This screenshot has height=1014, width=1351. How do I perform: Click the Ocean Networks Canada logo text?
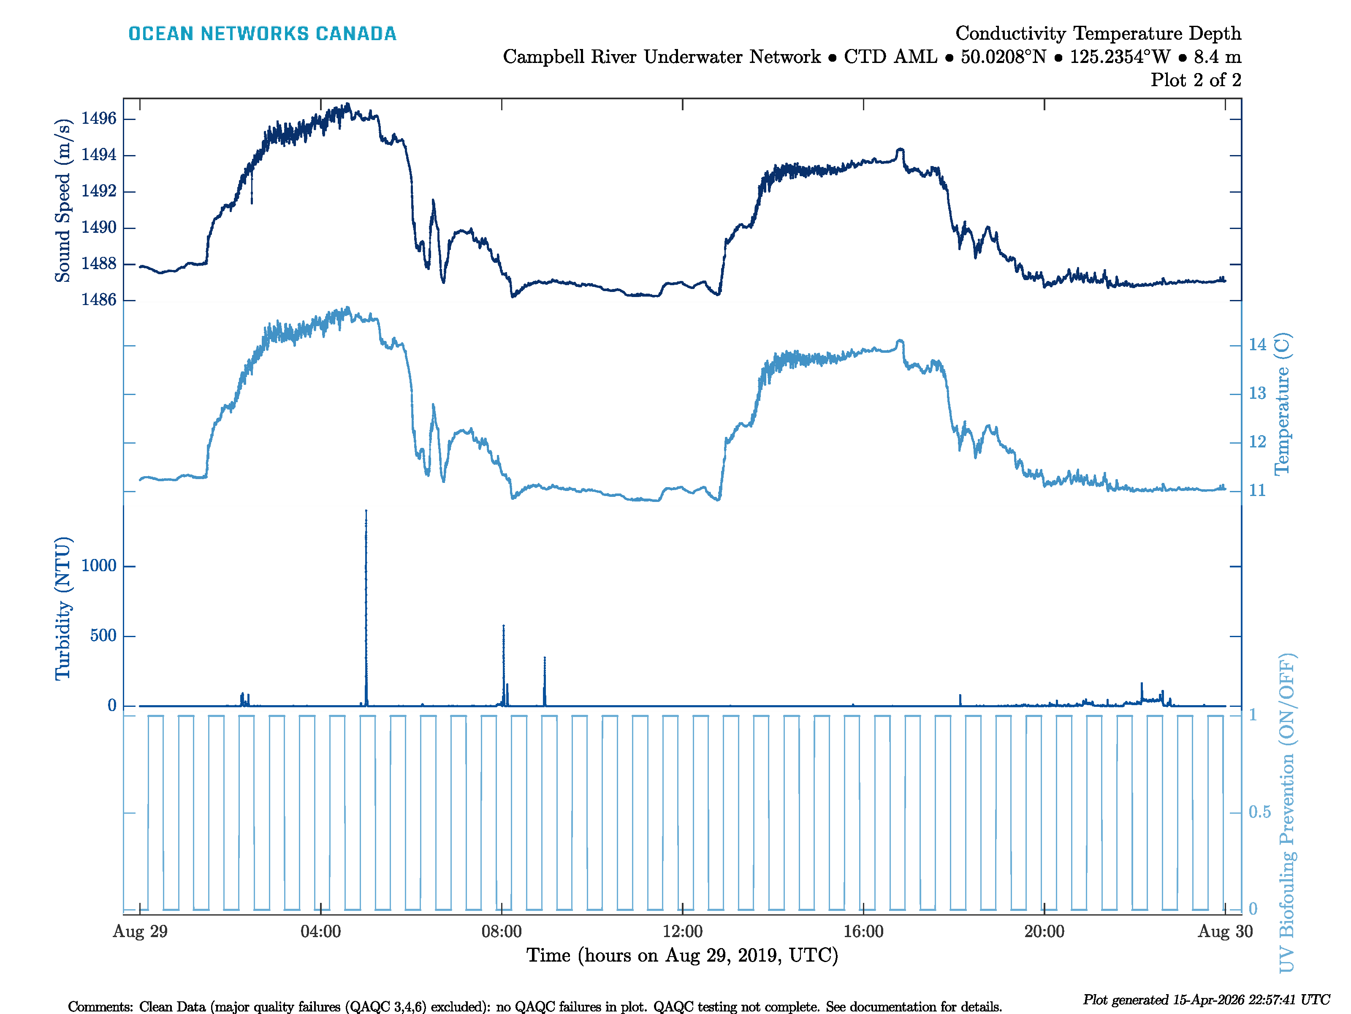262,34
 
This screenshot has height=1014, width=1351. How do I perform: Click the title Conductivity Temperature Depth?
1098,33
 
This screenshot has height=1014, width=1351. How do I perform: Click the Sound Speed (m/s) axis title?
63,201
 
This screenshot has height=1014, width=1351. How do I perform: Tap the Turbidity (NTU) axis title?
63,608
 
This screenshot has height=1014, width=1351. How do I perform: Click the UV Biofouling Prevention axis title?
1286,813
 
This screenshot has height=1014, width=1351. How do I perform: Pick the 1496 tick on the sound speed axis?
98,119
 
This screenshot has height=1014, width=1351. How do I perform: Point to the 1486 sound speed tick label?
98,300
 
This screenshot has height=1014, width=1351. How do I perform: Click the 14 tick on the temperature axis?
1257,345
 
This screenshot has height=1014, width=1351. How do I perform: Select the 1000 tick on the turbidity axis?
98,566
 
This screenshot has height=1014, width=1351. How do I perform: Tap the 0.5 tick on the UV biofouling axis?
1259,812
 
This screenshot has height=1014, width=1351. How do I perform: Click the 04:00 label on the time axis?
320,932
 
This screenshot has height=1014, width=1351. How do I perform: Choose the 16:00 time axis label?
863,932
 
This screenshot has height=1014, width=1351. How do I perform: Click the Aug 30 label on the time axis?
1225,932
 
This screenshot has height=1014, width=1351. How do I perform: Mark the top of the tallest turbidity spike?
366,511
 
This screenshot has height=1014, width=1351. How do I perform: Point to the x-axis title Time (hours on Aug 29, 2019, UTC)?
682,955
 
